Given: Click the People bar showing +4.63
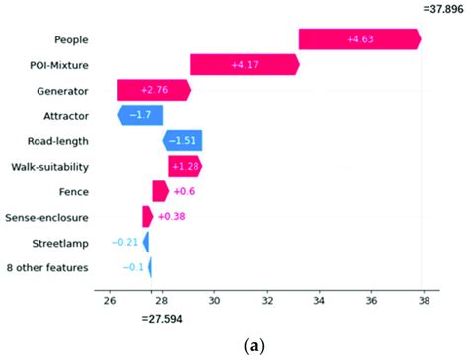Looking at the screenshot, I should (x=359, y=39).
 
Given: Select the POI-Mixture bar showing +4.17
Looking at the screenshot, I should (x=244, y=65).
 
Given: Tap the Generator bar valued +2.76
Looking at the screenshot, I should (x=153, y=90).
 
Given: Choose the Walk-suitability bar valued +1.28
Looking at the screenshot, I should (x=185, y=166).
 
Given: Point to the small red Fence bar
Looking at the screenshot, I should (x=160, y=191).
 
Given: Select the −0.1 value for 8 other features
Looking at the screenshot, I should (x=133, y=267).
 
